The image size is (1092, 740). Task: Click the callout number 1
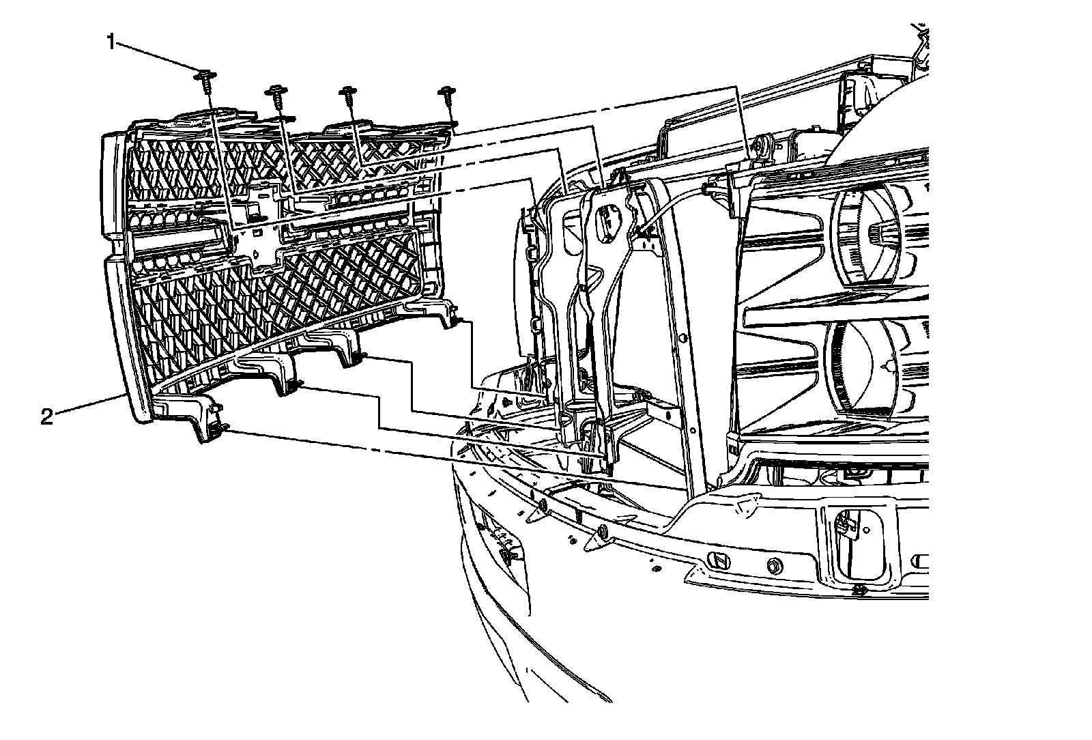110,42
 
